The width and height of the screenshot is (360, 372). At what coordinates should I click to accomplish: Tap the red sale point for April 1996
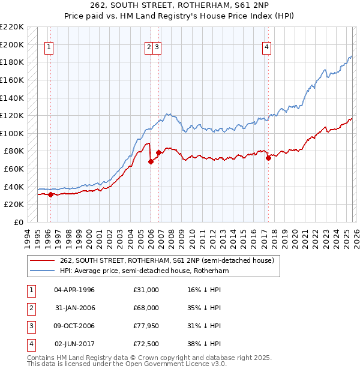pyautogui.click(x=50, y=194)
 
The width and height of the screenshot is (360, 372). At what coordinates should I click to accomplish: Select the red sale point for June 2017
pyautogui.click(x=268, y=158)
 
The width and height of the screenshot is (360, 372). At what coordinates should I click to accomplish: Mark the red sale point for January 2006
pyautogui.click(x=151, y=161)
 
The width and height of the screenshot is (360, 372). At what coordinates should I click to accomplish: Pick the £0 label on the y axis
pyautogui.click(x=19, y=222)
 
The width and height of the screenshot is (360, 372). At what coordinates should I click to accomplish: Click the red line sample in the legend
pyautogui.click(x=43, y=260)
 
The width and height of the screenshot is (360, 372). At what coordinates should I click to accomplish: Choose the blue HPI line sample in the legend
pyautogui.click(x=43, y=271)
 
